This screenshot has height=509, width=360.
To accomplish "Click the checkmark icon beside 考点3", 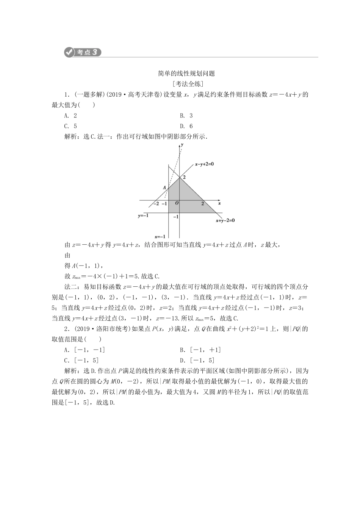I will [x=69, y=52].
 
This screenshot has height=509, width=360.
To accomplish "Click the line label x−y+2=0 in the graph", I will [x=205, y=164].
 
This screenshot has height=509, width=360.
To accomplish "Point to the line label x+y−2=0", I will [x=225, y=220].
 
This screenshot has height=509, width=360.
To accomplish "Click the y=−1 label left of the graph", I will [x=143, y=215].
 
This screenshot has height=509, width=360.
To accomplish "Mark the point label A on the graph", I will [x=164, y=187].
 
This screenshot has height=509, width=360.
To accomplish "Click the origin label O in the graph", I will [x=177, y=203].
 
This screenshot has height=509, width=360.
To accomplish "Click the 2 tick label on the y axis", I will [x=185, y=177].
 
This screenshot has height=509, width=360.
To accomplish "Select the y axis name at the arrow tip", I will [x=182, y=145].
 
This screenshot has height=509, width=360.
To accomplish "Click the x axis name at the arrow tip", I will [x=219, y=203].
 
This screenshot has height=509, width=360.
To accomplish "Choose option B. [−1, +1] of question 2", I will [x=200, y=350].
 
